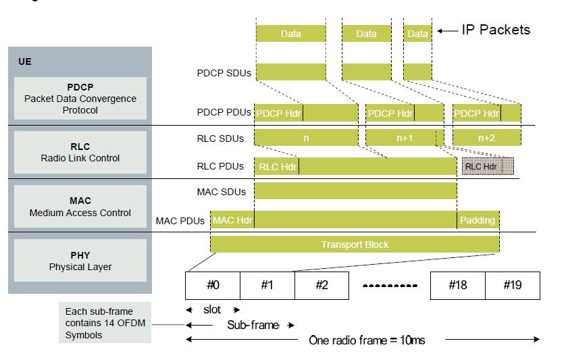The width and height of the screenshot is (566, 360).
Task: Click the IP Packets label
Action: coord(496,30)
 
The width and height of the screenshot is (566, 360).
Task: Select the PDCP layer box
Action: coord(80,99)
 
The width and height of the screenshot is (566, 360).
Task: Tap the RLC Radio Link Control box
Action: coord(80,152)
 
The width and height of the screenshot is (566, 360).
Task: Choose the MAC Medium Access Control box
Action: coord(80,207)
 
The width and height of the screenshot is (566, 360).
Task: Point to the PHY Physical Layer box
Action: coord(80,261)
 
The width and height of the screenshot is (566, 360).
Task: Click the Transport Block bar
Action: coord(355,245)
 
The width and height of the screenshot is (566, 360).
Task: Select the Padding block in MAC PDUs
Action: coord(478,220)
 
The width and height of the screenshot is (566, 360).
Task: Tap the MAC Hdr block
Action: coord(232,220)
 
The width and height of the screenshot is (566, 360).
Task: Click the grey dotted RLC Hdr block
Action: coord(488,166)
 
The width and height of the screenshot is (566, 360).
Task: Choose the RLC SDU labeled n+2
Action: coord(486,137)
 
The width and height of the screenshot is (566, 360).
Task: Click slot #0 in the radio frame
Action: coord(213,285)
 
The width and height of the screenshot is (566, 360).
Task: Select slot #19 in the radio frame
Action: coord(512,285)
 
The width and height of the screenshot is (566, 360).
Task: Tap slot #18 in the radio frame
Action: coord(458,285)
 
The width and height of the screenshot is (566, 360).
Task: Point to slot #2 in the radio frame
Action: coord(322,285)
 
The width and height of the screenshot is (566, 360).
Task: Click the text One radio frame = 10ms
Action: coord(367,340)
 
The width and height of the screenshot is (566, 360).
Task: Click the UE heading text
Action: coord(25,61)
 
